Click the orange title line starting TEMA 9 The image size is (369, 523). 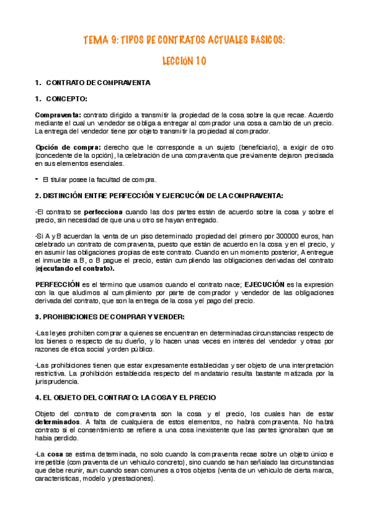pyautogui.click(x=184, y=41)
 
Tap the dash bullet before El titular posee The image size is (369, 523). pyautogui.click(x=36, y=179)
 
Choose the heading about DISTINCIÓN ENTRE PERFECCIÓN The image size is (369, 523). pyautogui.click(x=159, y=196)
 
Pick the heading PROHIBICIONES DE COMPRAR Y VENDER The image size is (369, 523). pyautogui.click(x=110, y=317)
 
